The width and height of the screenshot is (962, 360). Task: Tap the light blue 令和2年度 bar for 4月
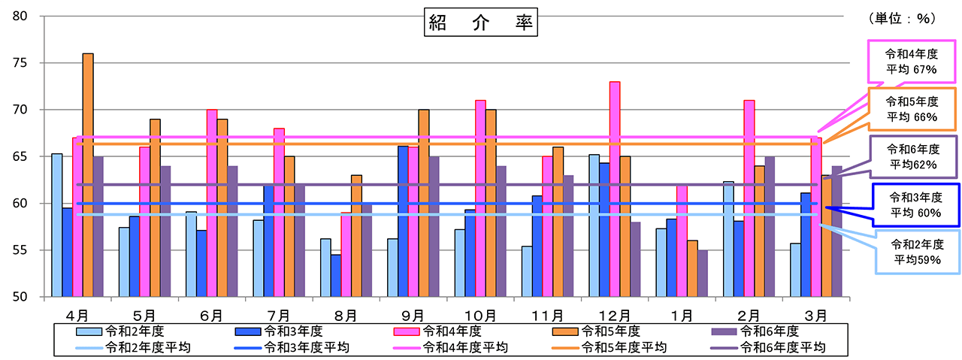point(56,225)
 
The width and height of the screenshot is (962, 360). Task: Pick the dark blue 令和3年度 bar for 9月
point(403,221)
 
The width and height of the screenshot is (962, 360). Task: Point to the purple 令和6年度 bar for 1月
point(702,274)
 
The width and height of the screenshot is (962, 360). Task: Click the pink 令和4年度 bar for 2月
point(749,198)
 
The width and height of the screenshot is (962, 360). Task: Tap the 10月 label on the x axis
point(480,313)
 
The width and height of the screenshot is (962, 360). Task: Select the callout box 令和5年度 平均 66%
point(912,109)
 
